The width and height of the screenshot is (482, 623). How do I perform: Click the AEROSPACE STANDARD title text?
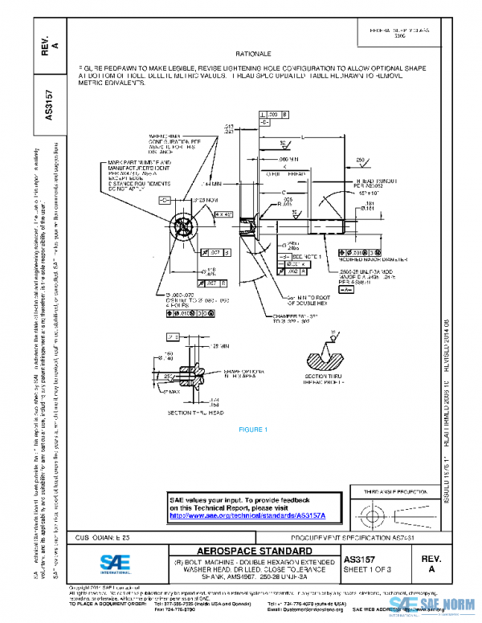coord(253,551)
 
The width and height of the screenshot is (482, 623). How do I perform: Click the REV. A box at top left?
coord(51,45)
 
